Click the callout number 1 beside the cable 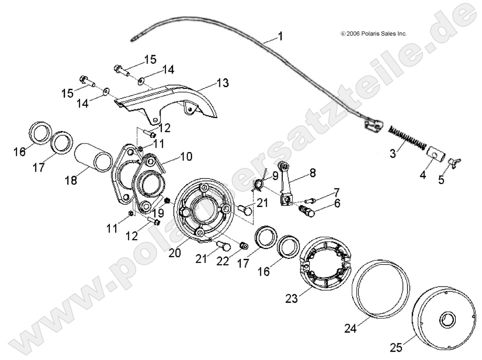point(281,35)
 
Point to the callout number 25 point(396,346)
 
